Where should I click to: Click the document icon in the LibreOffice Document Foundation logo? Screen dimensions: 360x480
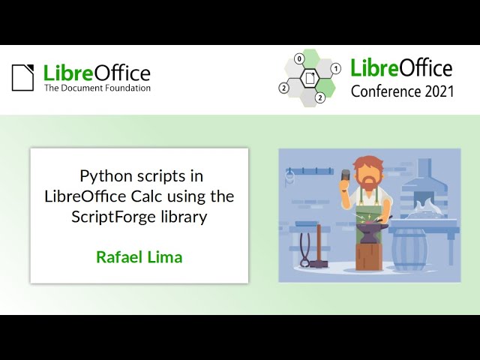tap(22, 77)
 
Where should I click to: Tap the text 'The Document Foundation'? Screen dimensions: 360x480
tap(97, 88)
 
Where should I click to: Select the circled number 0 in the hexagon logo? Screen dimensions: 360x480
tap(299, 58)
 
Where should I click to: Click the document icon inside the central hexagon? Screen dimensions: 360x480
tap(309, 78)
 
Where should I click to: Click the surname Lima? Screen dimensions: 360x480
tap(166, 257)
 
